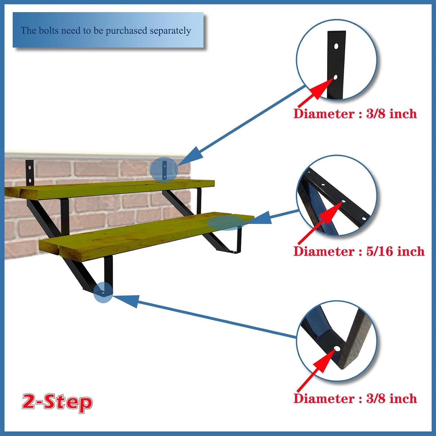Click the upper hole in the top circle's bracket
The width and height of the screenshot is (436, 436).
point(336,46)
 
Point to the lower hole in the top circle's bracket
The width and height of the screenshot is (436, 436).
point(336,77)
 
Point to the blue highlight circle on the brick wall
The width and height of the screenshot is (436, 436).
point(164,170)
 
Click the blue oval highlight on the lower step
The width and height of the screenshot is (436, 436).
point(227,223)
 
